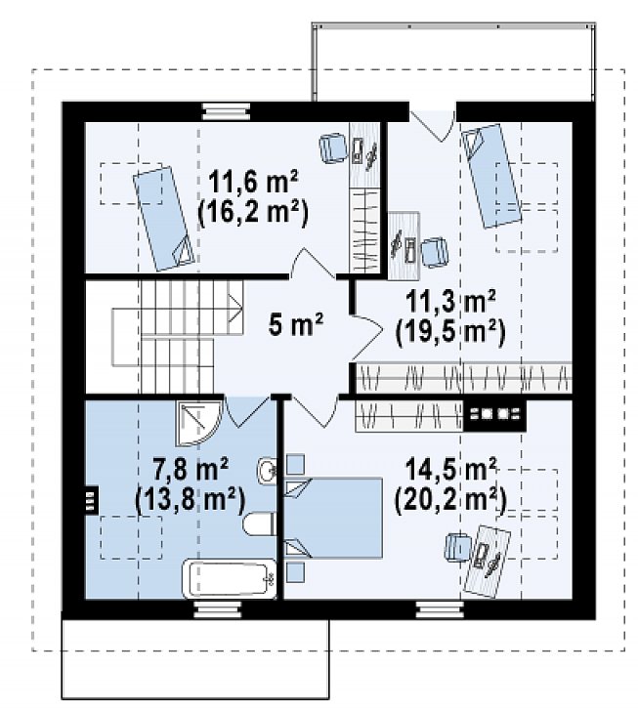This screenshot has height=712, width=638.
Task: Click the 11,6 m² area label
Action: pos(253,182)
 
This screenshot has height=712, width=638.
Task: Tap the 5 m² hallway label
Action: pos(296,324)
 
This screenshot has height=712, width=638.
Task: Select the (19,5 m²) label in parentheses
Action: pos(450,333)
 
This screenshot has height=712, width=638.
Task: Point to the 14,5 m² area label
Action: pos(450,470)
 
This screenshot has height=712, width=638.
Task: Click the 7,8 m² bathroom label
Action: pos(191,469)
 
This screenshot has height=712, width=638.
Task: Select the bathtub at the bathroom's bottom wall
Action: pos(229,579)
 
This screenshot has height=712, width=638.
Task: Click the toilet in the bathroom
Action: pos(259,524)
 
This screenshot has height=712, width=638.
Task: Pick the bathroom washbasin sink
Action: pos(267,469)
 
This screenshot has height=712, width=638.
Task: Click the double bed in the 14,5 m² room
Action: pos(333,518)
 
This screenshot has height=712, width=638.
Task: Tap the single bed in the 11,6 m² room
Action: pos(163,219)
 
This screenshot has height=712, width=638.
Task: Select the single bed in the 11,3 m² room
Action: pos(490,176)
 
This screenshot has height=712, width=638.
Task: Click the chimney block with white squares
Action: pos(495,414)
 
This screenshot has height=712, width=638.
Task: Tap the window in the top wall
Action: pos(226,110)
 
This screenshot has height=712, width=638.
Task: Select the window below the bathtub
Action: pos(217,609)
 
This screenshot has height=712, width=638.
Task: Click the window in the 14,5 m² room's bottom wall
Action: pos(440,609)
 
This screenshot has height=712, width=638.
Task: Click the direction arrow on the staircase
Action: pos(235,308)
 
